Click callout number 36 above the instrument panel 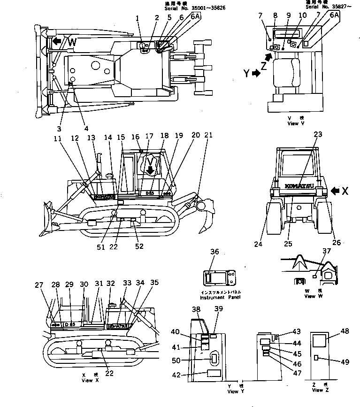tap(214, 252)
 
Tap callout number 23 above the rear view tap(318, 134)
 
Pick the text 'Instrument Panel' tap(215, 298)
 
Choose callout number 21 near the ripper tap(208, 135)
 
